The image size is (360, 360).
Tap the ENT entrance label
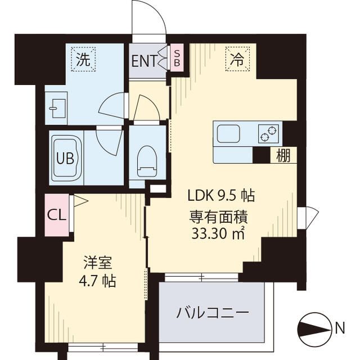point(143,60)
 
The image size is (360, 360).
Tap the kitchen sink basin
point(228,134)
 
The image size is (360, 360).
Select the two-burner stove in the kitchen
point(268,134)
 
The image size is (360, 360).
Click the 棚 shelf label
point(283,156)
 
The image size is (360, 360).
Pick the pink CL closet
point(56,214)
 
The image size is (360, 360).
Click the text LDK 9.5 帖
point(221,196)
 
